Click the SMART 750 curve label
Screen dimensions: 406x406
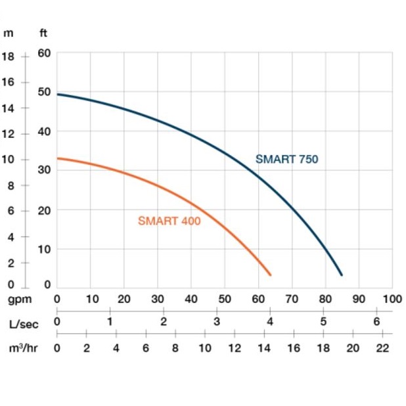pos(286,159)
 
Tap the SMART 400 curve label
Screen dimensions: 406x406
pos(169,221)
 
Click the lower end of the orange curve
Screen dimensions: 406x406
pos(269,274)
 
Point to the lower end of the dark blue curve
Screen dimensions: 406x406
pos(341,274)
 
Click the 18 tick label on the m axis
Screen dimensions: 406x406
pos(8,56)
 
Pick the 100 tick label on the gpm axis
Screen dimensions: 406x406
pos(392,299)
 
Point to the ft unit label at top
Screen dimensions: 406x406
pos(43,33)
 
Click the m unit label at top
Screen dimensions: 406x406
pos(9,33)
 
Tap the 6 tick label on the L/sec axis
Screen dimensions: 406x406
pos(376,321)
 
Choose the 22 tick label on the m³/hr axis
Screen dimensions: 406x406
pos(383,348)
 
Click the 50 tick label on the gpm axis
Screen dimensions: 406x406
pos(225,299)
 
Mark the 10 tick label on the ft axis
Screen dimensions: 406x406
pos(44,249)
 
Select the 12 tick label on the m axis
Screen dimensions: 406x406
pos(8,134)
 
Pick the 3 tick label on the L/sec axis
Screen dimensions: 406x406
pos(217,321)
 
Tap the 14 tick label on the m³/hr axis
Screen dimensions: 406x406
pos(264,348)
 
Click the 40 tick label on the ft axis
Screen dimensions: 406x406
pos(44,131)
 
